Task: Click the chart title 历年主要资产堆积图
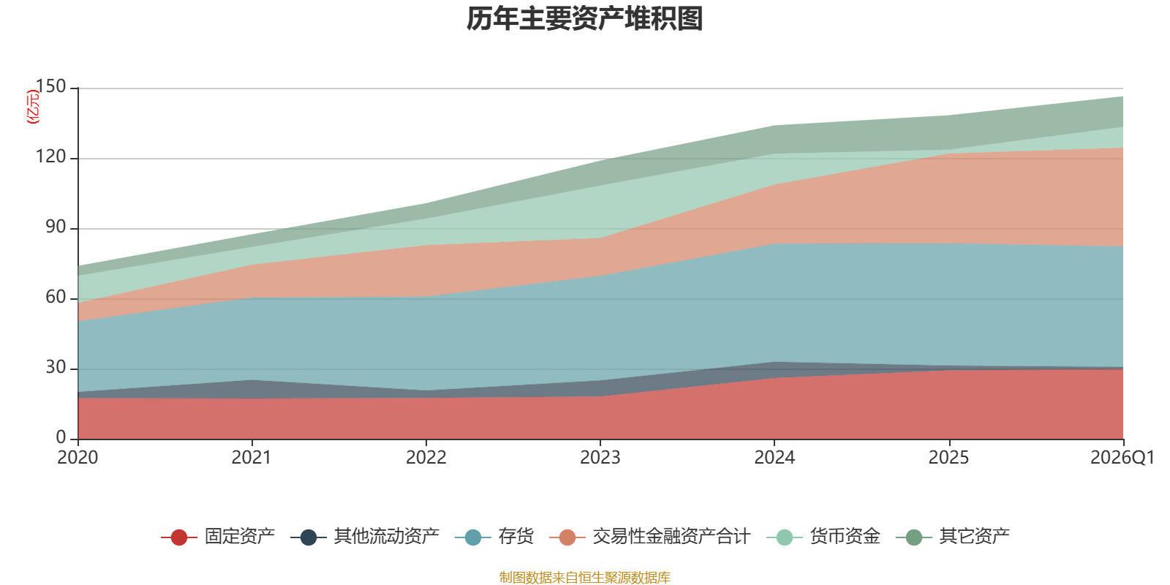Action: (585, 19)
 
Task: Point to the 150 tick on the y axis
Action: (50, 87)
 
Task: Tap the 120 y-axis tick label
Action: (50, 157)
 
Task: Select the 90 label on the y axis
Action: (56, 227)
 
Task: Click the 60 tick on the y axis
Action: (56, 298)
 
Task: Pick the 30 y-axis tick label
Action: (56, 368)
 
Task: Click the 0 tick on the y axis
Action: (61, 438)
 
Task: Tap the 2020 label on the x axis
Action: (78, 458)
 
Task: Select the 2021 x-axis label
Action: (252, 458)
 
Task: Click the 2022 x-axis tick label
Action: (426, 458)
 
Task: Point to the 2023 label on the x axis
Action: (600, 458)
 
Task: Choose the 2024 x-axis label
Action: (774, 458)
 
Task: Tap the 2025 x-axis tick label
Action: (948, 458)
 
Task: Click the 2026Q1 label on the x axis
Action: (1122, 458)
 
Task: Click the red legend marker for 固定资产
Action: (179, 537)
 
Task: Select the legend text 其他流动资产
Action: (386, 537)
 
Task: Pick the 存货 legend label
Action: (516, 537)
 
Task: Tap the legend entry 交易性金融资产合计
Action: (671, 537)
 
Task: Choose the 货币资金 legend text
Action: (845, 537)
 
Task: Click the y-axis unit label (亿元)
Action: (33, 107)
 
